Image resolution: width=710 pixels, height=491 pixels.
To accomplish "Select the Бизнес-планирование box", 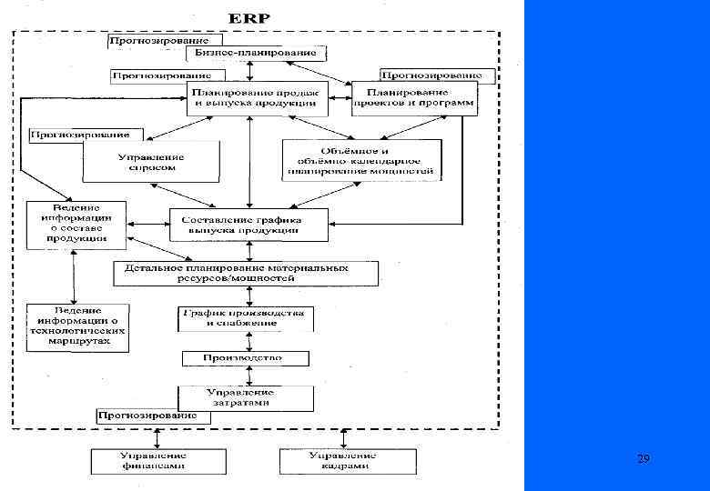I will [256, 53].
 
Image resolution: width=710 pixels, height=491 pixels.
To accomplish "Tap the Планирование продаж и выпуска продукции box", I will [258, 98].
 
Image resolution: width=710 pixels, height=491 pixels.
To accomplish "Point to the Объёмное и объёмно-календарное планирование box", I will [362, 160].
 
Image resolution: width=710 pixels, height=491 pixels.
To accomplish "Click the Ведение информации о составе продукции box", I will [76, 225].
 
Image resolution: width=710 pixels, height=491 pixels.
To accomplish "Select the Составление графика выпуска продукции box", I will [248, 225].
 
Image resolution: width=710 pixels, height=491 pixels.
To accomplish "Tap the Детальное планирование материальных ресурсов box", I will [247, 273].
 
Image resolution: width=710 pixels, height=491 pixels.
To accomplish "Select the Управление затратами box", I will [246, 398].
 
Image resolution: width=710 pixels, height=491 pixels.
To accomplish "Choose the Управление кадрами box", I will [347, 460].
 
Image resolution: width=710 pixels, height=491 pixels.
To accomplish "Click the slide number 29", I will [644, 460].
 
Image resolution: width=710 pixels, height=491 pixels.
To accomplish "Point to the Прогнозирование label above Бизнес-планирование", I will [159, 41].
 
